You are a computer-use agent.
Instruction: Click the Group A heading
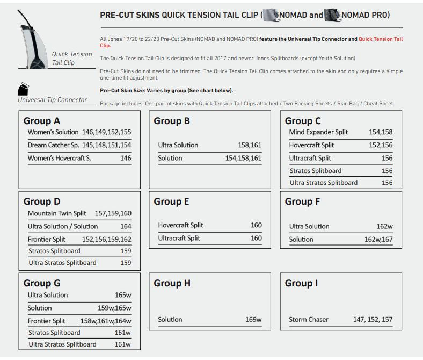[42, 121]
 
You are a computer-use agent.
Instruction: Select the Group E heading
[171, 201]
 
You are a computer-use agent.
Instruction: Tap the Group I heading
[301, 283]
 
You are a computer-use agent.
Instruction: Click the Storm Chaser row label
[309, 320]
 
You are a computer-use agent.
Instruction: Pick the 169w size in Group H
[253, 320]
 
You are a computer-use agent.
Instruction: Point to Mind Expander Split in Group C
[318, 132]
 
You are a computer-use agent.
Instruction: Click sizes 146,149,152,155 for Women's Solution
[107, 132]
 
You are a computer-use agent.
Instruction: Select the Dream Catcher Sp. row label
[53, 145]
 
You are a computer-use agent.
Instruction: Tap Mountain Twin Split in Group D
[57, 213]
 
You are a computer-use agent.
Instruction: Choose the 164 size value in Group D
[126, 226]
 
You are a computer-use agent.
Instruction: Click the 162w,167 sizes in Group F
[378, 239]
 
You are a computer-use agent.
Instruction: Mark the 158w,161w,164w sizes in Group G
[106, 321]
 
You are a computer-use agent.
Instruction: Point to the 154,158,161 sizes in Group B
[244, 158]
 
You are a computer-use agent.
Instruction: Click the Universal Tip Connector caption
[53, 99]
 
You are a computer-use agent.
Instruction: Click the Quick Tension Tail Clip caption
[72, 59]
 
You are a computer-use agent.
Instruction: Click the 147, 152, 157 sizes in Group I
[373, 320]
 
